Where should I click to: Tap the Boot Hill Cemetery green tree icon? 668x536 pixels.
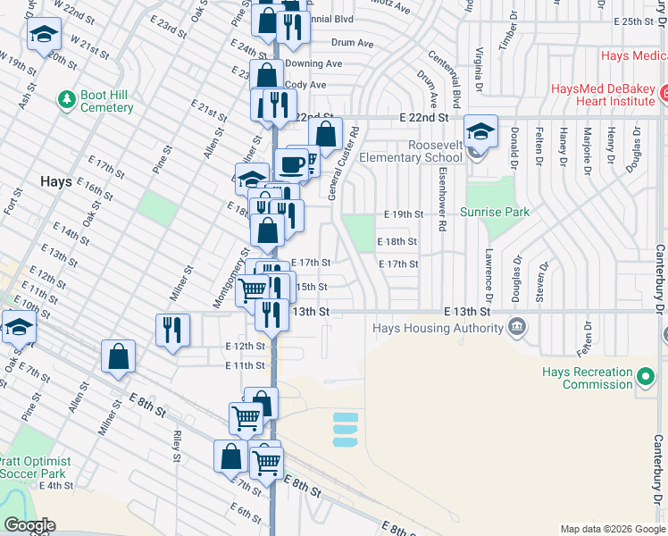(x=65, y=96)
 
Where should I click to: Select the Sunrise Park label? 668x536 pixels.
(x=495, y=212)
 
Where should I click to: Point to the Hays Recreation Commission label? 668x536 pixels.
(x=587, y=379)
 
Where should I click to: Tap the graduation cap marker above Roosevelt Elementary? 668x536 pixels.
(x=480, y=131)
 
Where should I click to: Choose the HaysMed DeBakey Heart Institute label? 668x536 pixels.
(x=603, y=96)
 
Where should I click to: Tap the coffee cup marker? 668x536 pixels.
(x=290, y=163)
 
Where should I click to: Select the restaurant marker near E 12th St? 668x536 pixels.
(x=172, y=329)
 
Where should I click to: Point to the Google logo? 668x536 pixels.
(x=29, y=525)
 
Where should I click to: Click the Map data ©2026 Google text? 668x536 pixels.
(x=612, y=529)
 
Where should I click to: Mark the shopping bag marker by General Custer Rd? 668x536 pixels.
(x=326, y=135)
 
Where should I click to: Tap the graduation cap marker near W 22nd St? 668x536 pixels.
(x=43, y=36)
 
